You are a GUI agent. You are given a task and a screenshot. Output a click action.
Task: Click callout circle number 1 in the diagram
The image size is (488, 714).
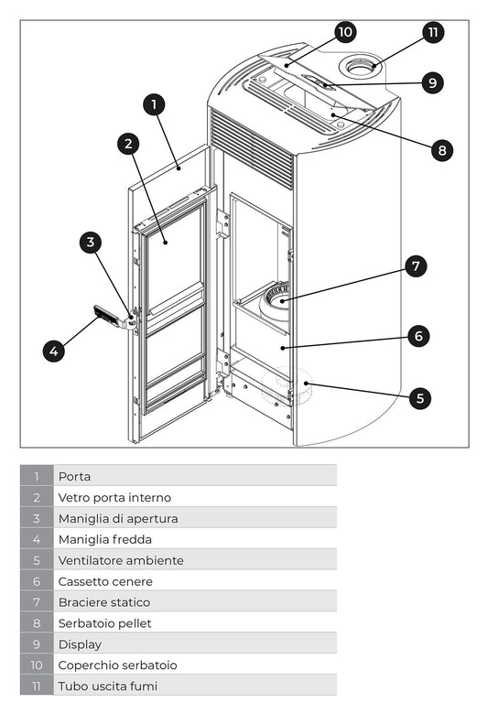(x=155, y=104)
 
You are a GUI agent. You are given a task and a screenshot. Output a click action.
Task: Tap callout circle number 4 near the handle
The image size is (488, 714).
(x=54, y=351)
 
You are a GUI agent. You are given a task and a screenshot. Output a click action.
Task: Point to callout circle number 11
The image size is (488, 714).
(x=433, y=32)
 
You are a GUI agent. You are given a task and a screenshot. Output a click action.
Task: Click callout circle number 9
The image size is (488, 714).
(x=433, y=82)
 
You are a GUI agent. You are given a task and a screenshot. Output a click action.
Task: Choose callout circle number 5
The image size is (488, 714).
(x=419, y=398)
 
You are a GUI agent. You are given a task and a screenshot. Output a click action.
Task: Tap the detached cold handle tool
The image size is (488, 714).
(x=107, y=318)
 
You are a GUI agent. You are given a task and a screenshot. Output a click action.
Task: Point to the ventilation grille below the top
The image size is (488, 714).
(x=252, y=146)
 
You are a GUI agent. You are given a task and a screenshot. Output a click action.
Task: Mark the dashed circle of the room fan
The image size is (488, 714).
(x=287, y=386)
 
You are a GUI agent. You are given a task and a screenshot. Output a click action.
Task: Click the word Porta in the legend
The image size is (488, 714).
(x=74, y=476)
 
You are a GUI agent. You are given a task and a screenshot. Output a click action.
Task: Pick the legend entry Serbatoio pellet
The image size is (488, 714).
(x=104, y=623)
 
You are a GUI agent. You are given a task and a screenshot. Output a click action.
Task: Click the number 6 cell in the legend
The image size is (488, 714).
(x=37, y=581)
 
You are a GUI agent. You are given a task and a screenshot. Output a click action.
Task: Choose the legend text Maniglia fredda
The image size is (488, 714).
(x=104, y=539)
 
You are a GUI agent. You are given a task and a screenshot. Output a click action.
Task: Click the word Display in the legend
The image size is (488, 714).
(x=80, y=644)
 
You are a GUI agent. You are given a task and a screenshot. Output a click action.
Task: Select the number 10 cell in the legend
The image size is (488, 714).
(x=37, y=665)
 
